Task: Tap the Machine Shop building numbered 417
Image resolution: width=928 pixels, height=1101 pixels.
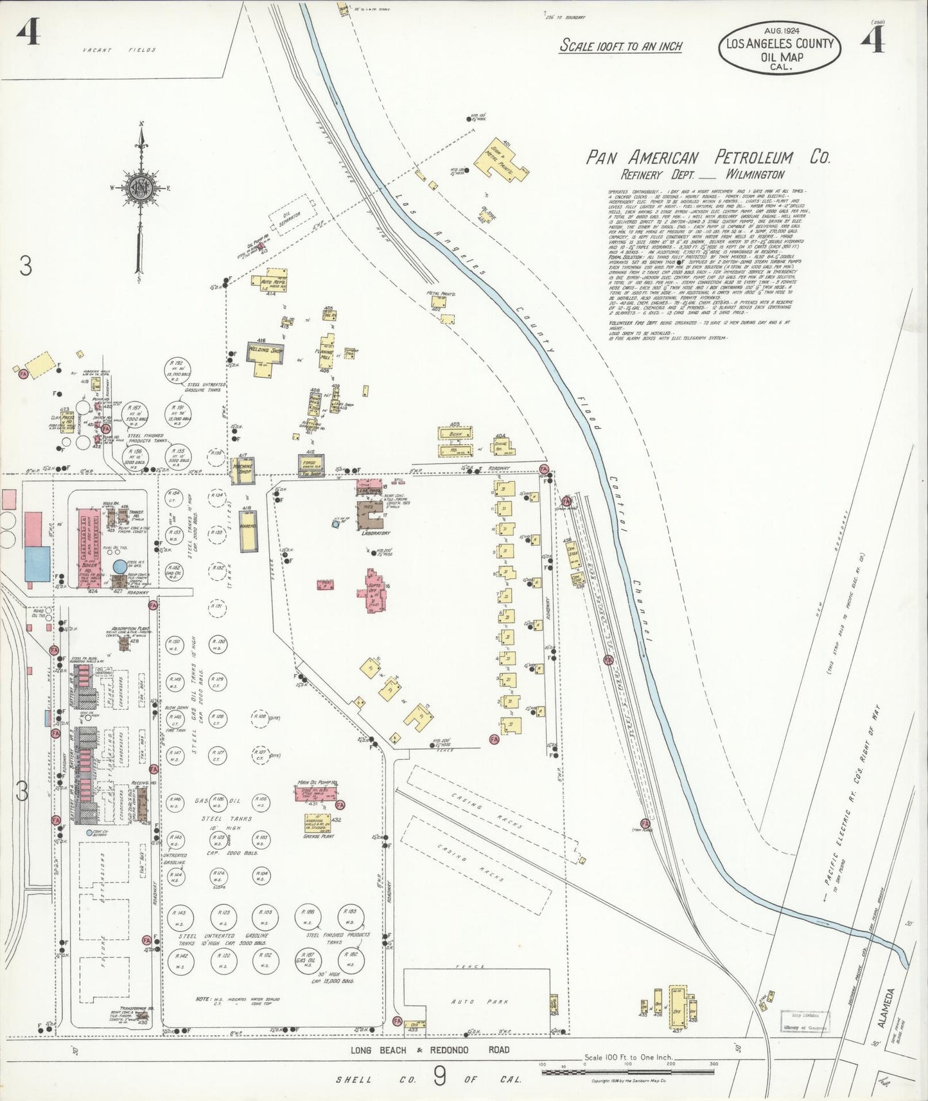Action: tap(244, 470)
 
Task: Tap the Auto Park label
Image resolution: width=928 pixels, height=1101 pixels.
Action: tap(471, 1001)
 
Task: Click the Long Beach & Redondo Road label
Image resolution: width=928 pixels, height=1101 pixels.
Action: tap(430, 1050)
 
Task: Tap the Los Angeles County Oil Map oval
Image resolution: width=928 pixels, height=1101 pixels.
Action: tap(779, 49)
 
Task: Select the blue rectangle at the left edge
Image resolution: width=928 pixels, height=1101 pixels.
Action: tap(37, 563)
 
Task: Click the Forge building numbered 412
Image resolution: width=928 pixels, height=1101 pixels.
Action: tap(311, 464)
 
